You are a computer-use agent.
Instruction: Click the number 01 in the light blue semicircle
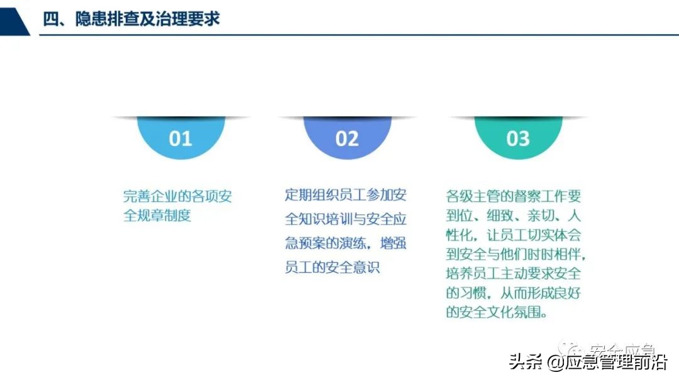pos(180,138)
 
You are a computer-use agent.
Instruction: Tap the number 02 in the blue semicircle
pos(347,138)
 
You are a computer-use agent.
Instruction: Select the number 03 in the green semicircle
pos(518,138)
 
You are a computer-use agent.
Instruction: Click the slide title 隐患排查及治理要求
pos(147,18)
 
